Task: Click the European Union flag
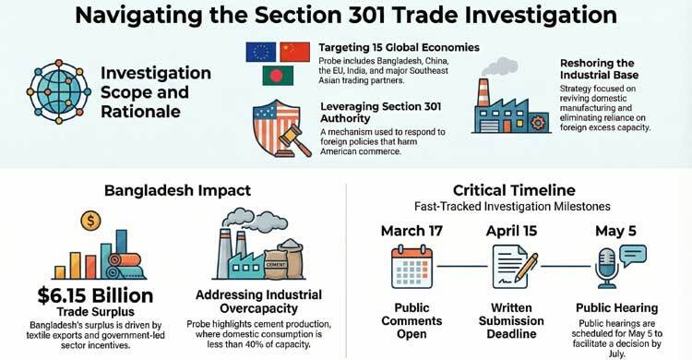[261, 52]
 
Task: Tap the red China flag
[294, 52]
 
